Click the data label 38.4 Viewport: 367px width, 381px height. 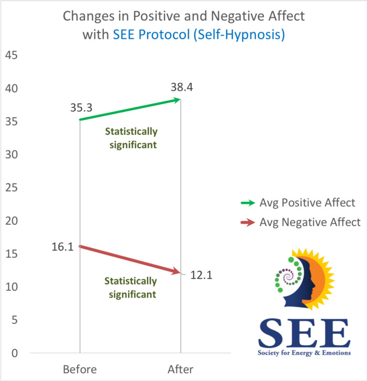181,88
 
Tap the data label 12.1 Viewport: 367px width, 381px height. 201,275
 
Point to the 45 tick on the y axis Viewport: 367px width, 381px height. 11,55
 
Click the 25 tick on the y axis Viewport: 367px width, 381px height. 11,188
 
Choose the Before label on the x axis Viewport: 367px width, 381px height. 80,369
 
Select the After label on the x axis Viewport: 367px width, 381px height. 181,369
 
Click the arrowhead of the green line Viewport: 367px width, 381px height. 178,100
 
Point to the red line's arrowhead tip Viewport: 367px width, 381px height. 180,273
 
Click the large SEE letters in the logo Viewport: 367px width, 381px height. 303,333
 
